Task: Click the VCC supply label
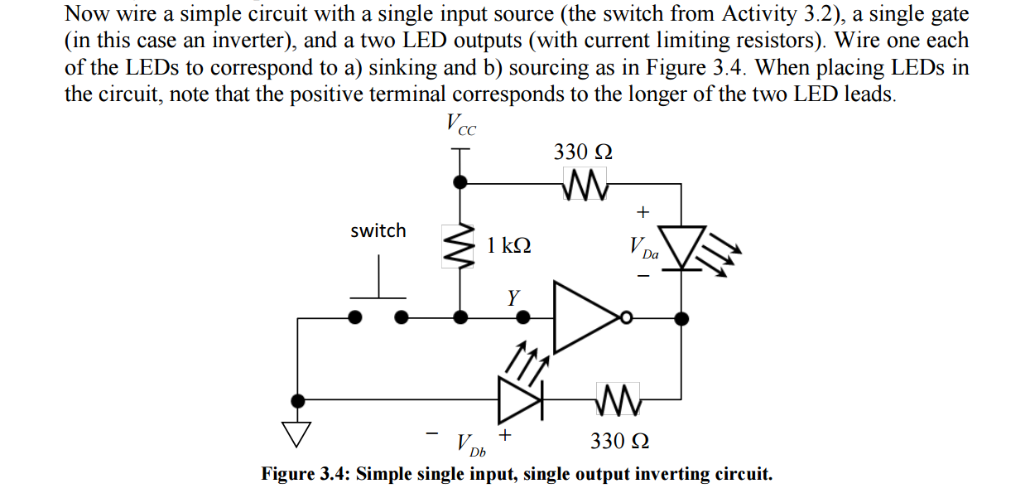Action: (460, 125)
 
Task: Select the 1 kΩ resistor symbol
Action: (462, 246)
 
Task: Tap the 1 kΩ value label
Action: (508, 245)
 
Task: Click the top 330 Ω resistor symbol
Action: (585, 183)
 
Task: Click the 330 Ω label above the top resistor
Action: (584, 152)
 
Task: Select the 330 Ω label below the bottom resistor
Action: (619, 441)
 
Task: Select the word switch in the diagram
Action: (378, 230)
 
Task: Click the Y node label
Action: (514, 296)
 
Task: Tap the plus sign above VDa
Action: (643, 212)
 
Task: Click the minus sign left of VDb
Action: (431, 433)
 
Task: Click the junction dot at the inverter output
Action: (681, 317)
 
